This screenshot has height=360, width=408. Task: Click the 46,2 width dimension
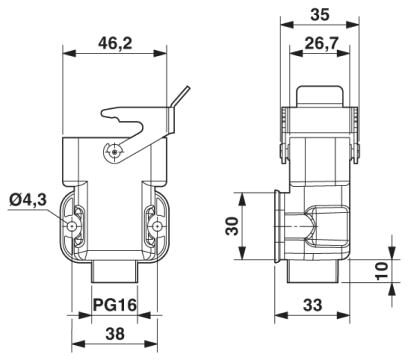pos(115,43)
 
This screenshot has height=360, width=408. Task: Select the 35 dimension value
pos(320,15)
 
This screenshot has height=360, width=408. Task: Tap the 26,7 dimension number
pos(321,43)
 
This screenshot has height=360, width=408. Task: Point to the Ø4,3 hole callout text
pos(28,200)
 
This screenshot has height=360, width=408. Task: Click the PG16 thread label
pos(115,305)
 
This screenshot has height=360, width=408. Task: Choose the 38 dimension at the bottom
pos(115,334)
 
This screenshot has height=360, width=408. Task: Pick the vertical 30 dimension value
pos(232,226)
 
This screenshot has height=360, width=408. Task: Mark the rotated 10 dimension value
pos(382,271)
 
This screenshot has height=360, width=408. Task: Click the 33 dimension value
pos(313,305)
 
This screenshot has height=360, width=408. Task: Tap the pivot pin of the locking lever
pos(115,152)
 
